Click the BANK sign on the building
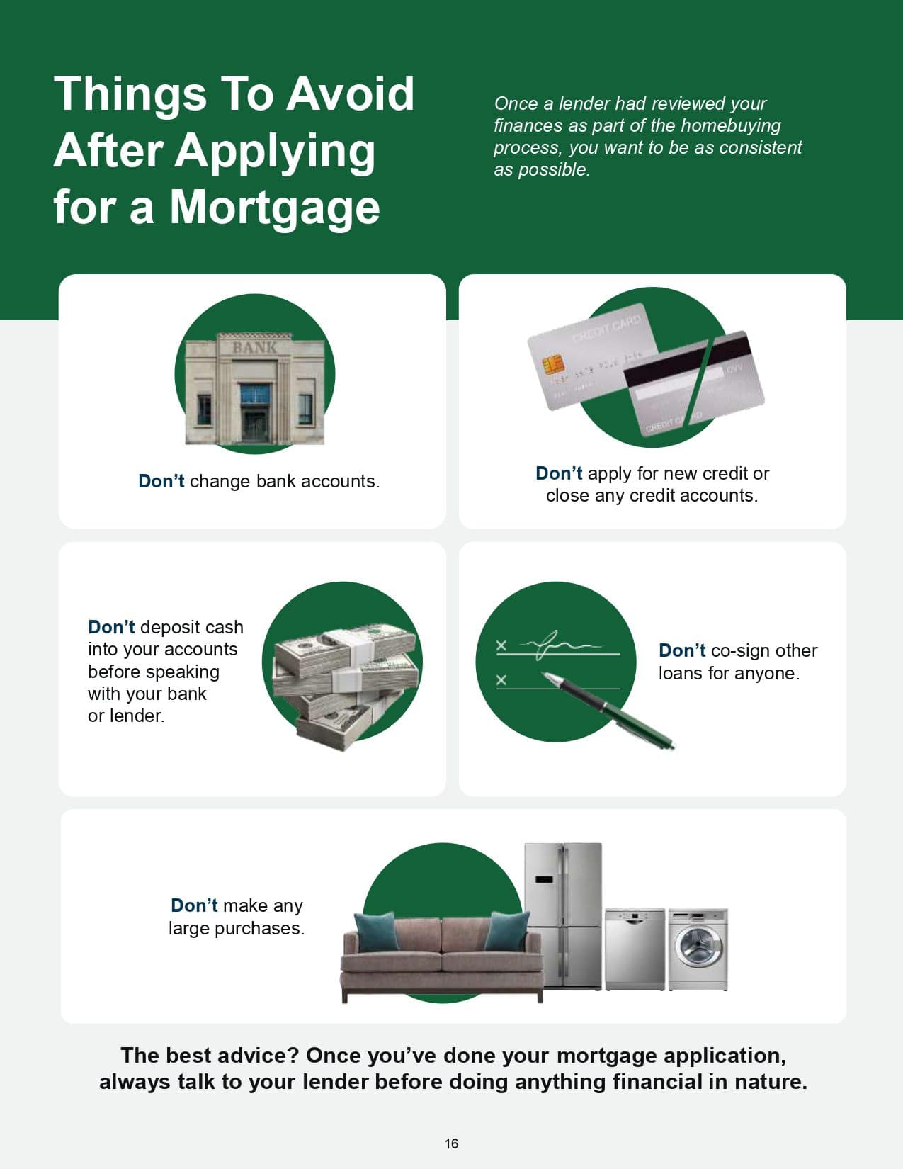[x=254, y=348]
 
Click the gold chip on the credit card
[x=552, y=366]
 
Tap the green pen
[x=608, y=710]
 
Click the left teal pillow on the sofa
[x=378, y=931]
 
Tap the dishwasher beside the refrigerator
[x=635, y=949]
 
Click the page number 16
[x=451, y=1143]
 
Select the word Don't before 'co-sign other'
[x=682, y=650]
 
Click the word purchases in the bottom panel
[x=260, y=929]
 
